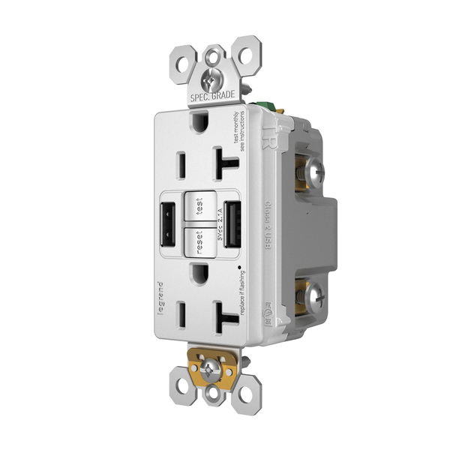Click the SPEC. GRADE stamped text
[213, 97]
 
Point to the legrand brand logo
[158, 295]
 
